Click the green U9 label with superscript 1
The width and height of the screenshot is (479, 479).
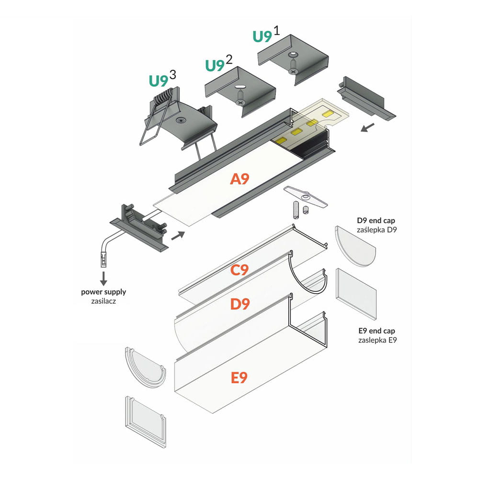(x=262, y=37)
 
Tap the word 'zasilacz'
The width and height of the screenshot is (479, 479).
(x=103, y=301)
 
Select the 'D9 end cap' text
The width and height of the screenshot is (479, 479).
(x=376, y=221)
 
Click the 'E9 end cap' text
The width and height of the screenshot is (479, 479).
(x=376, y=331)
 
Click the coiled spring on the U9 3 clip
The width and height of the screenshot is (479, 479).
(x=163, y=99)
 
